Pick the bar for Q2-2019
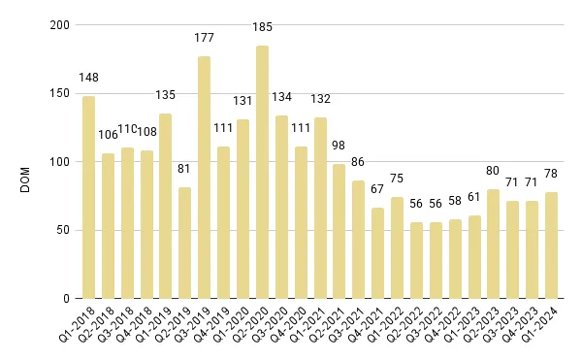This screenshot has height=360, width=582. pyautogui.click(x=185, y=243)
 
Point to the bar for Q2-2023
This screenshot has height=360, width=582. pyautogui.click(x=494, y=244)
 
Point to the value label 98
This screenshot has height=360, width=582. pyautogui.click(x=339, y=147)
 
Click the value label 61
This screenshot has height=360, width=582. pyautogui.click(x=474, y=197)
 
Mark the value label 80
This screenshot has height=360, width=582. pyautogui.click(x=494, y=172)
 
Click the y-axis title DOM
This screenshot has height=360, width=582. pyautogui.click(x=26, y=162)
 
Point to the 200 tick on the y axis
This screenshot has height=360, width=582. pyautogui.click(x=59, y=25)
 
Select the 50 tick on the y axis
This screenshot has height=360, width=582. pyautogui.click(x=63, y=230)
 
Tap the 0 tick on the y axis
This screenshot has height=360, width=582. pyautogui.click(x=66, y=298)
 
